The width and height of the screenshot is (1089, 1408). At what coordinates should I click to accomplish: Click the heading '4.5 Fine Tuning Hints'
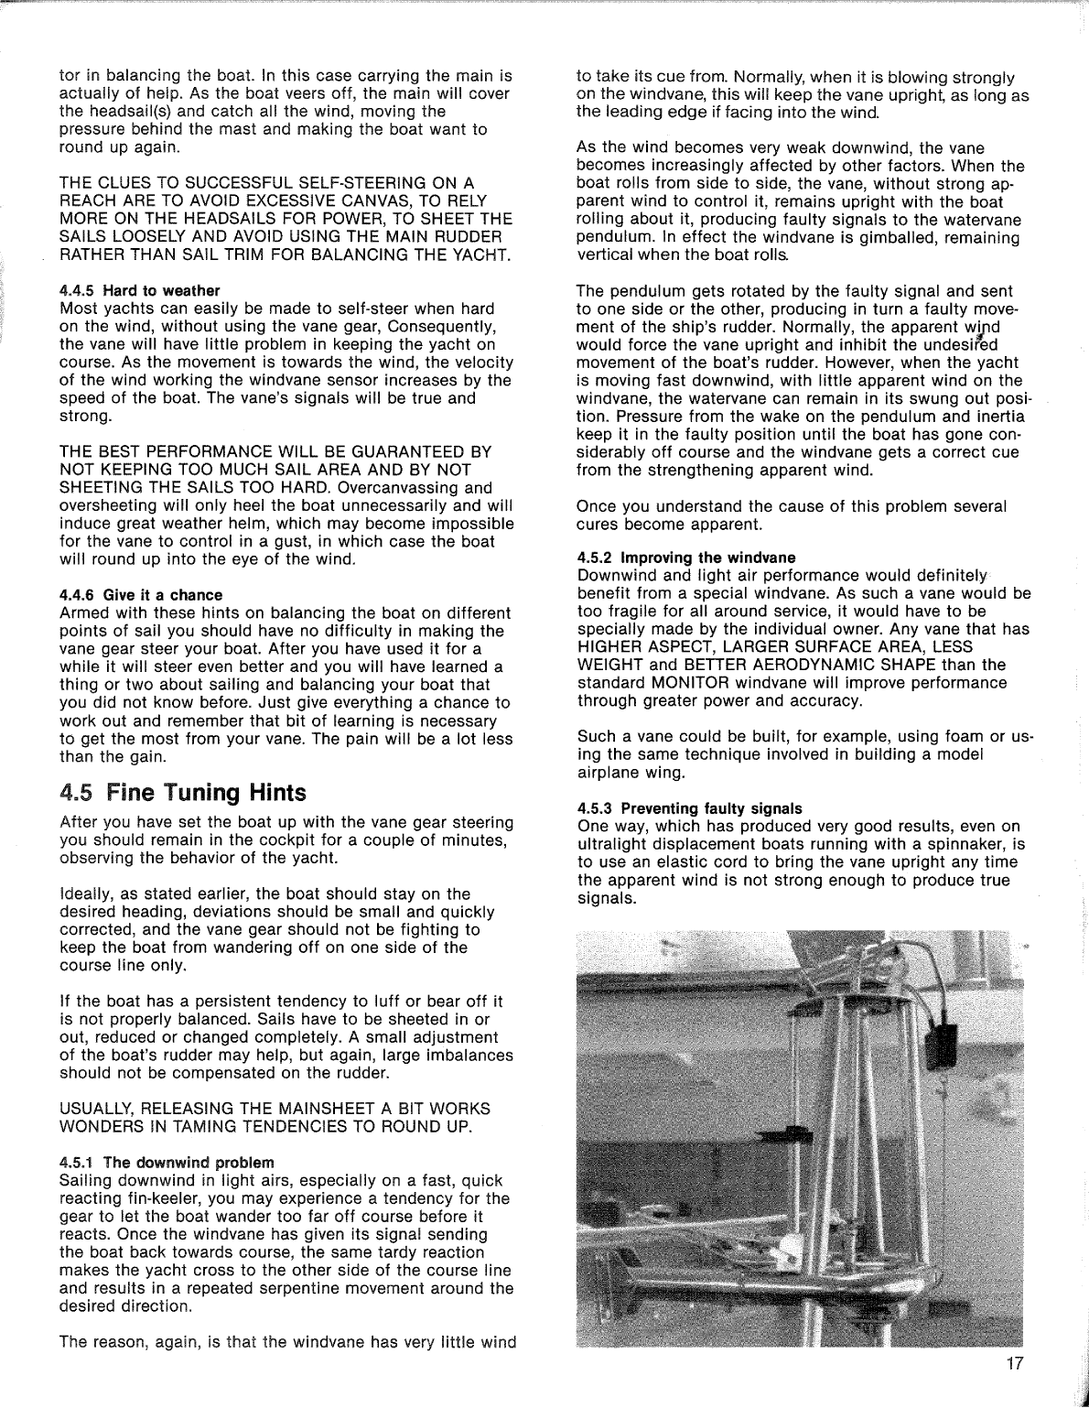point(182,792)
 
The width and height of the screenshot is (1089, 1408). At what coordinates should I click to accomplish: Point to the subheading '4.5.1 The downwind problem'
point(166,1162)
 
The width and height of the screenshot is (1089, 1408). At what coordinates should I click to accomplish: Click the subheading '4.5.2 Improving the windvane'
point(686,557)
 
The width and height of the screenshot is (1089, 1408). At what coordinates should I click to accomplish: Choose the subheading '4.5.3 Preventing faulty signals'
point(689,808)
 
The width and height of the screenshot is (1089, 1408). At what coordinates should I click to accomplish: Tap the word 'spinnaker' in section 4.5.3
point(964,844)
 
